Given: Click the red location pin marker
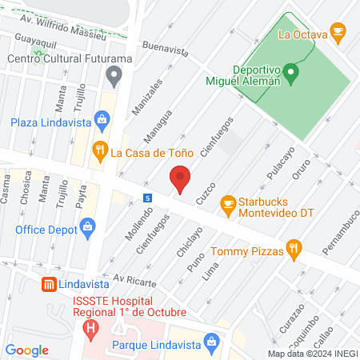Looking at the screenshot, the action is point(181,178).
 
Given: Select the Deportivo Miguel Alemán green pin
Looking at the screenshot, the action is point(292,75).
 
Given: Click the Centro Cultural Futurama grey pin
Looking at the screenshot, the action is point(113,77).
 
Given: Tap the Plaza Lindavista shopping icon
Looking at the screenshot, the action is point(102,122).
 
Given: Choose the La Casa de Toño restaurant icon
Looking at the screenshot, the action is point(100,150).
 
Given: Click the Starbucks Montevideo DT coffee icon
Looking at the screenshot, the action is point(229,202).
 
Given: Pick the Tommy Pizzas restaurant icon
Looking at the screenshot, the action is point(294,250).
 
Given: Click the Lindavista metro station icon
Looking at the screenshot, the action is point(50,284).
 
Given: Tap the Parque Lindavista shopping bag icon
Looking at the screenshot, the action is point(211,343).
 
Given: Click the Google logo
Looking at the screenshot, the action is point(27,350).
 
